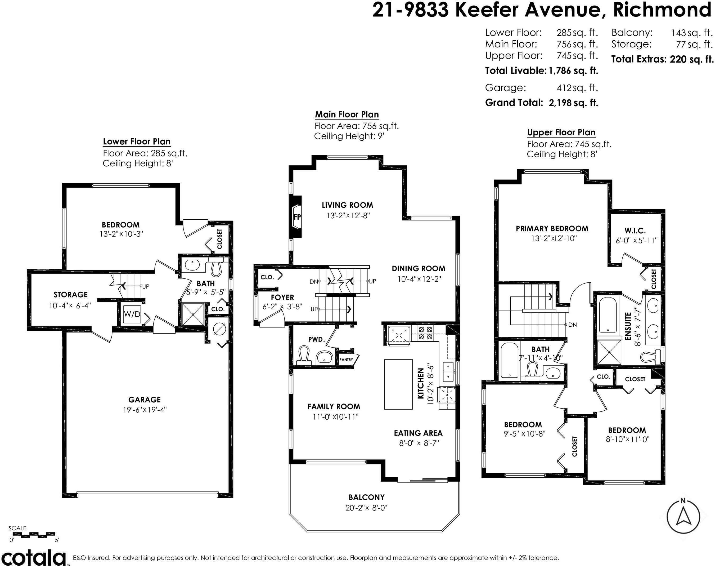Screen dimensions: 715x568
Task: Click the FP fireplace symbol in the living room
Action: [297, 217]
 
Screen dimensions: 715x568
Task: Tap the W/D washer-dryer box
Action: [132, 314]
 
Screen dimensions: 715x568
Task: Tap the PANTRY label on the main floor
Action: [346, 360]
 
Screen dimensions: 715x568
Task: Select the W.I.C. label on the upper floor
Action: [635, 231]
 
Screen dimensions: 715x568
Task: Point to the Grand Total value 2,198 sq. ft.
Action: [573, 103]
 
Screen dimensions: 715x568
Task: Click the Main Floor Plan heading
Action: [347, 114]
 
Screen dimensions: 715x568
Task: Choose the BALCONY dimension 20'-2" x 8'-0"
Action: [366, 508]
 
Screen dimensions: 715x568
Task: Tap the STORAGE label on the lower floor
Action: [71, 295]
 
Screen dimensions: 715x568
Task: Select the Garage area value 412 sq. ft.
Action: [577, 88]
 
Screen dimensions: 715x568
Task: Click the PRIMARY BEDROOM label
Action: [552, 229]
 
